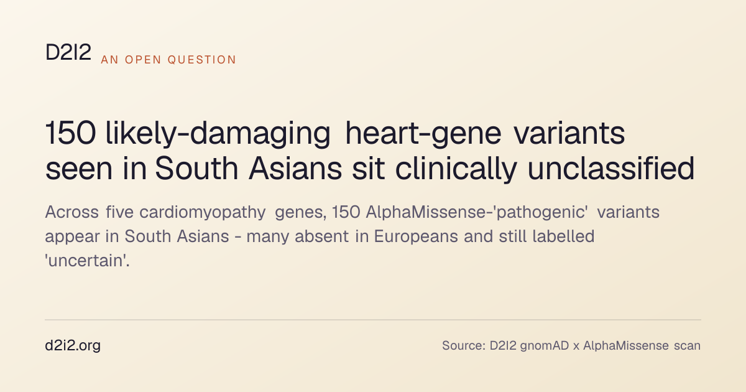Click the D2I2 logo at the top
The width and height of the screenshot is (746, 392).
68,52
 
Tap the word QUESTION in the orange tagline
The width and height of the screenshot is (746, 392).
202,60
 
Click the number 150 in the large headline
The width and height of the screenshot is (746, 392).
71,133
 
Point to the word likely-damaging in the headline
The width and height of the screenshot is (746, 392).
218,134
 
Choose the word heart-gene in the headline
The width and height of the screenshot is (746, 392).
423,134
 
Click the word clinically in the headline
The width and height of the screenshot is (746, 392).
456,169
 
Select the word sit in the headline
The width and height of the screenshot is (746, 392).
368,168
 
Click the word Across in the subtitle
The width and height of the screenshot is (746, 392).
72,212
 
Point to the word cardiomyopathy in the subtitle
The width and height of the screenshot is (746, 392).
203,213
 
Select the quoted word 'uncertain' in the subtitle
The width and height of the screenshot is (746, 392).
87,261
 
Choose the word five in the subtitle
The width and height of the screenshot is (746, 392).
120,212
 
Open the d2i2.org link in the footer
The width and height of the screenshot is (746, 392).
73,346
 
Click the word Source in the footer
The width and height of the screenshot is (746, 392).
464,346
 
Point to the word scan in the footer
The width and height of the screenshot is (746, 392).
688,346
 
